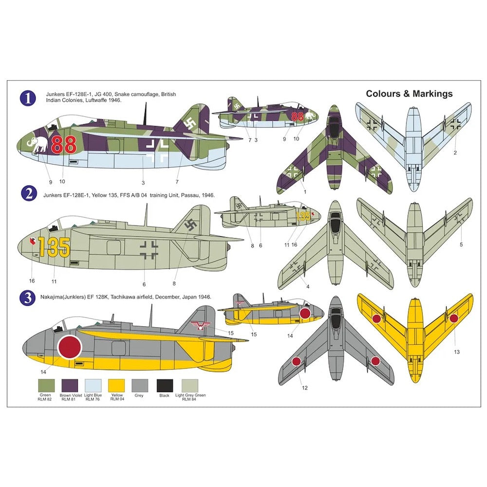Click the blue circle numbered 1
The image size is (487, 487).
[x=28, y=98]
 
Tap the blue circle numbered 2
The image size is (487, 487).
[x=28, y=193]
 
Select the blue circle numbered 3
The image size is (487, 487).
[x=28, y=298]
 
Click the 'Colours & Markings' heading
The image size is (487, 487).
[x=409, y=94]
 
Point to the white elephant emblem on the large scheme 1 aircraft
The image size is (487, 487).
[x=40, y=144]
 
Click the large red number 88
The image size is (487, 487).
[x=64, y=145]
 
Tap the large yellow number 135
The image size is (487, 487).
[x=54, y=246]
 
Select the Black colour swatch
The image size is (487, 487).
[x=164, y=386]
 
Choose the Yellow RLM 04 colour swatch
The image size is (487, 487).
[x=116, y=386]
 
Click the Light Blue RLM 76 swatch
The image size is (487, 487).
[x=93, y=386]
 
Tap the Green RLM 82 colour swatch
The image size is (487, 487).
[x=45, y=386]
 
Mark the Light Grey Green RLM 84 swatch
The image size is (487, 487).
[x=190, y=386]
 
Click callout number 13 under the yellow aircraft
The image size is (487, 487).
[x=456, y=351]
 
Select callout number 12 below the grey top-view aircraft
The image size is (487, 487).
[x=305, y=388]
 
